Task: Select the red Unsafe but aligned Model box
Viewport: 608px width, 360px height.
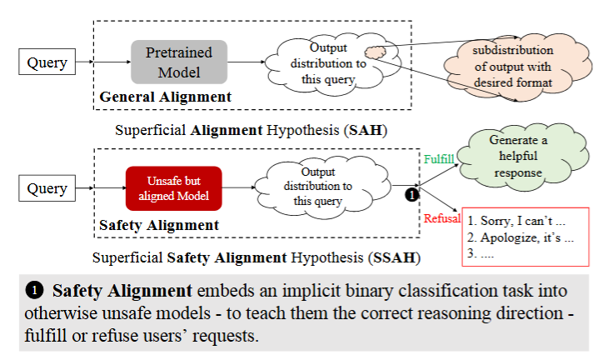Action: tap(174, 188)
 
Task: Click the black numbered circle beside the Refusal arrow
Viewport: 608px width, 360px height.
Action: tap(411, 196)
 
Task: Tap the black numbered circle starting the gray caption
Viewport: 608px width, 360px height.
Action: tap(33, 291)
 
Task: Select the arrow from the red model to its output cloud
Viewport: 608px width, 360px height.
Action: tap(239, 188)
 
